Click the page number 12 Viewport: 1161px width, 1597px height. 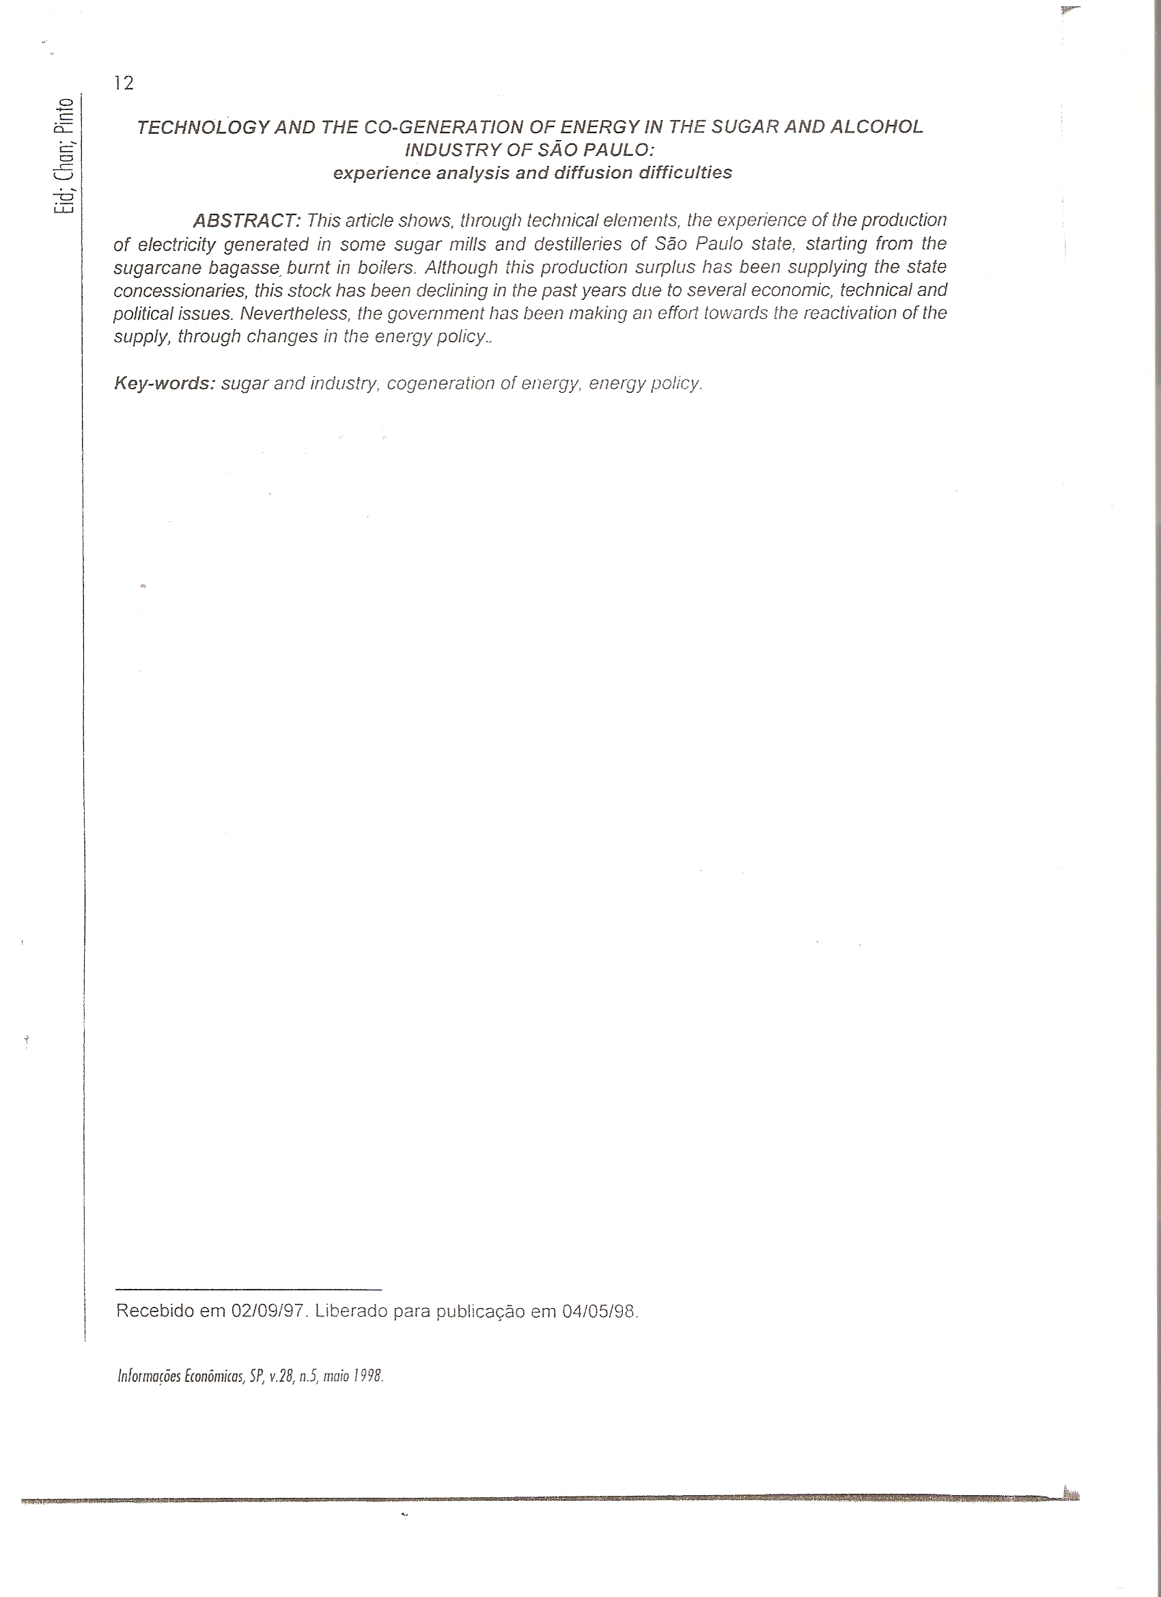pos(123,83)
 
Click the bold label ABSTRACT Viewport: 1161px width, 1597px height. pos(247,221)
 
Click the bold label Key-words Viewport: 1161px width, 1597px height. pos(164,384)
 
